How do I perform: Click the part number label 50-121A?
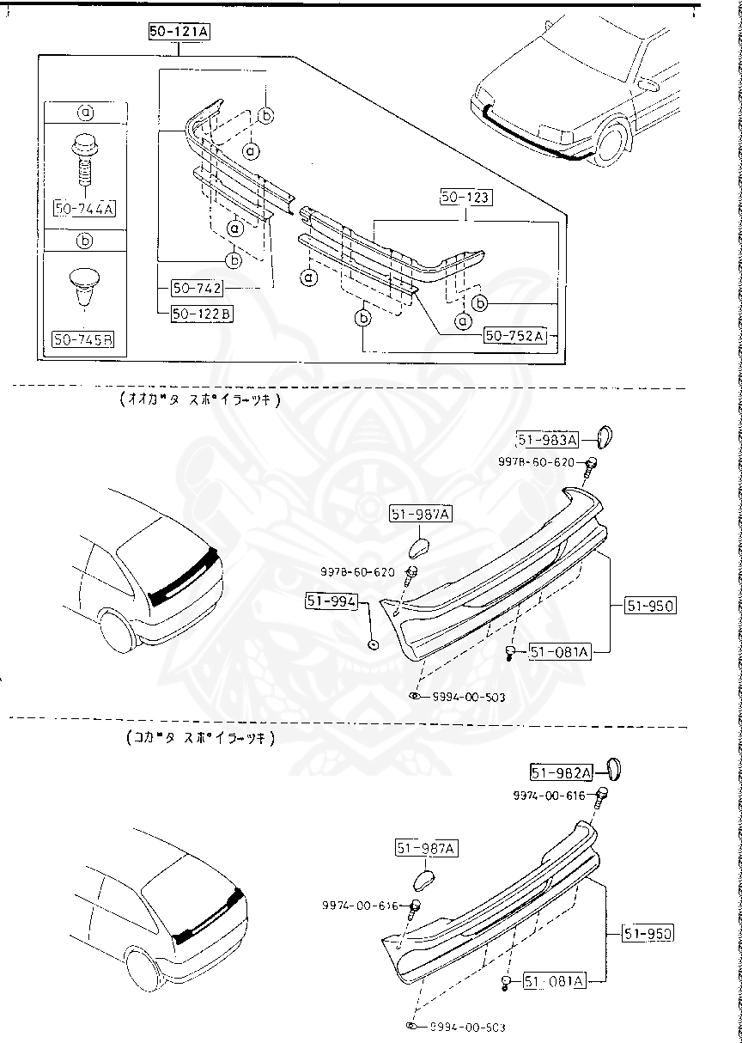(x=178, y=33)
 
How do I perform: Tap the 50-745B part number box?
(x=84, y=339)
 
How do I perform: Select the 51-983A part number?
(x=548, y=441)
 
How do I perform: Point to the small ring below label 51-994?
(x=373, y=643)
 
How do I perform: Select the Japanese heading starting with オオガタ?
(x=200, y=399)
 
